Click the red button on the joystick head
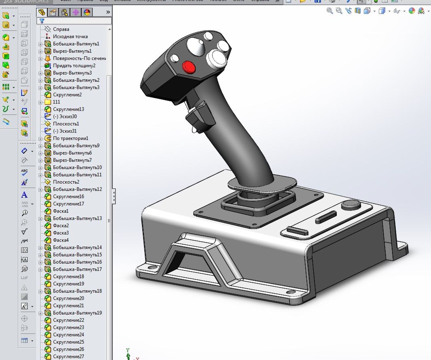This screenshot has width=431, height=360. [189, 67]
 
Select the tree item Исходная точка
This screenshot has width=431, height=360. [70, 37]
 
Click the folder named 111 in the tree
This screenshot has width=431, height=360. [56, 102]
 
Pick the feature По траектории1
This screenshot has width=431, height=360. [70, 138]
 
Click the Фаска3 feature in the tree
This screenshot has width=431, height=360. [61, 233]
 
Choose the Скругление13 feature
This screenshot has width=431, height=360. [68, 109]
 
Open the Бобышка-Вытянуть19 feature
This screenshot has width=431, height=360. [77, 313]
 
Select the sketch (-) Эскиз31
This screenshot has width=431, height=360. [65, 131]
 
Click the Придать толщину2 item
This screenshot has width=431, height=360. [74, 66]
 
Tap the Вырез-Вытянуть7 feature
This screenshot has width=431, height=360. [72, 160]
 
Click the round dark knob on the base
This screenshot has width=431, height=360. [351, 204]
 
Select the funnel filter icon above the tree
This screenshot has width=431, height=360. [42, 21]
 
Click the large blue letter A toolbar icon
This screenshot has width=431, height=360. [24, 195]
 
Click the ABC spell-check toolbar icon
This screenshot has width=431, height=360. [24, 172]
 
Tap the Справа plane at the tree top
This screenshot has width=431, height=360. [61, 29]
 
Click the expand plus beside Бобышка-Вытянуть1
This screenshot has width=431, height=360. [40, 44]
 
